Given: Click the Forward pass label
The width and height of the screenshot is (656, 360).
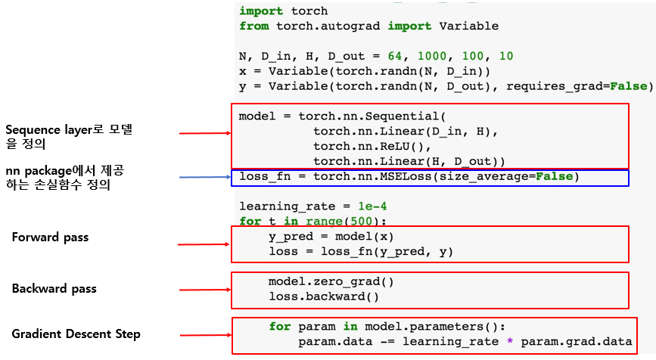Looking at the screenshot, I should tap(50, 237).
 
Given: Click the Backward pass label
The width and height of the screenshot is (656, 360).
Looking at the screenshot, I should tap(54, 289).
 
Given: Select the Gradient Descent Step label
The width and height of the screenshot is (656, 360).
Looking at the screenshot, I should tap(76, 334).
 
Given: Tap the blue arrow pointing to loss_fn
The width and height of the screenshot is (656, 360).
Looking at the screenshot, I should tap(204, 178).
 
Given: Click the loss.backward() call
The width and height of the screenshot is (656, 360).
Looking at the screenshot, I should tap(323, 296).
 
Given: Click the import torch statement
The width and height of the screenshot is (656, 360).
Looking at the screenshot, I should tap(284, 11).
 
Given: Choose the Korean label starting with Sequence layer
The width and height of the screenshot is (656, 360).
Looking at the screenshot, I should tap(69, 137).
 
